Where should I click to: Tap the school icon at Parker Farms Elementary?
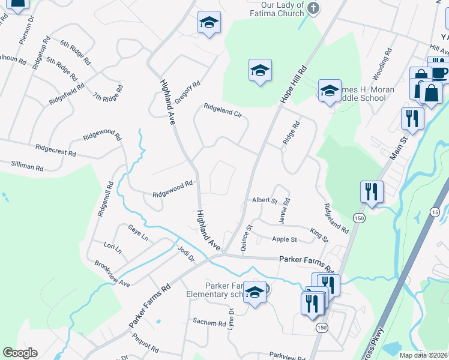click(255, 293)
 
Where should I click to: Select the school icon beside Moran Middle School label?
click(330, 91)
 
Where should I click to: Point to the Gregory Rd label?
click(187, 93)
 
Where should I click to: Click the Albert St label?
click(264, 200)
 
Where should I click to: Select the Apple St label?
click(285, 239)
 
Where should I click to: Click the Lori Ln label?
click(112, 247)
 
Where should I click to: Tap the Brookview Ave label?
click(112, 273)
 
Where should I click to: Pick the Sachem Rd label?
click(208, 322)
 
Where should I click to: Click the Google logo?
click(20, 353)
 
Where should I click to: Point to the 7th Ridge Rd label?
click(107, 94)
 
